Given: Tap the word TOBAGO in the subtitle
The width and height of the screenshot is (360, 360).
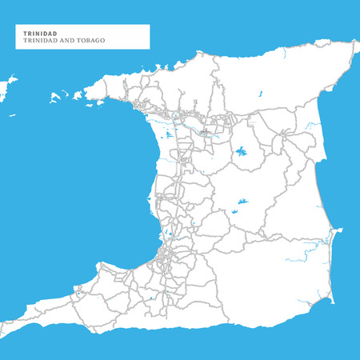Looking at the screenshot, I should [90, 40].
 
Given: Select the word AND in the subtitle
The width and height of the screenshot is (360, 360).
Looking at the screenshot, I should [67, 40].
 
